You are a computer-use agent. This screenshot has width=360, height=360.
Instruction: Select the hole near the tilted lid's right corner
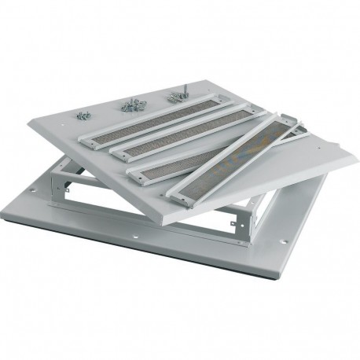pyautogui.click(x=307, y=142)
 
